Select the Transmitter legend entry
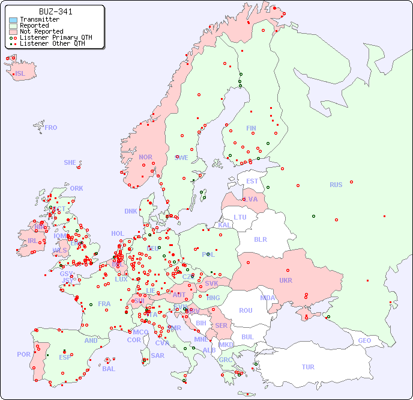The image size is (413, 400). [39, 20]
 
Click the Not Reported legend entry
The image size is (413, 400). [41, 31]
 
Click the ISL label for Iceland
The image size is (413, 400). [20, 74]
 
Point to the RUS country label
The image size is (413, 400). [336, 185]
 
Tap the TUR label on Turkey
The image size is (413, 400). [308, 367]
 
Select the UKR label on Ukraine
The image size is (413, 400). [285, 280]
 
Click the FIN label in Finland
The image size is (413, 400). [251, 128]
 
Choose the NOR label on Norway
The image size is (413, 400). [145, 157]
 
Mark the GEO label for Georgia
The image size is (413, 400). [364, 340]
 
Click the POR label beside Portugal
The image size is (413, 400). [23, 354]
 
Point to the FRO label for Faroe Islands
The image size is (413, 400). [50, 128]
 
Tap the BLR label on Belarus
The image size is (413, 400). [260, 239]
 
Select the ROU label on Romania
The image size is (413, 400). [246, 310]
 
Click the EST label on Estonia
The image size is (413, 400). [252, 181]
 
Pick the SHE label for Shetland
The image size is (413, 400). [70, 162]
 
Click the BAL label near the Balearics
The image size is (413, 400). [108, 369]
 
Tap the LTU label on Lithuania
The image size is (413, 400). [240, 217]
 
